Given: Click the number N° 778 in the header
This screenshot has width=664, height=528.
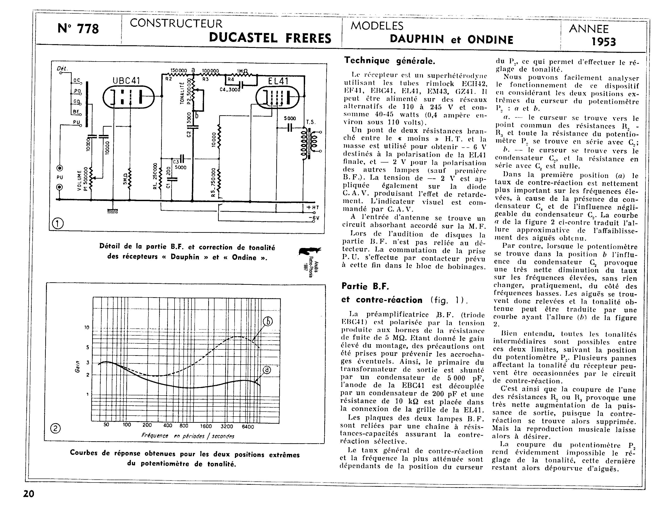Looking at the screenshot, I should click(x=78, y=29).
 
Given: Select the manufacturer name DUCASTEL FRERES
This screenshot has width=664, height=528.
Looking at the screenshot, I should click(x=270, y=38).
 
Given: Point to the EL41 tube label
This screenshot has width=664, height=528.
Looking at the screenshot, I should click(x=278, y=81).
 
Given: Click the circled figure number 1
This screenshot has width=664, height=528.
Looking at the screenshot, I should click(x=58, y=223).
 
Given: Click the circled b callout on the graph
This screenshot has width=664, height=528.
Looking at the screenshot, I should click(x=268, y=322).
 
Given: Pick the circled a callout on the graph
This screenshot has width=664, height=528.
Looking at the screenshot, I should click(x=267, y=370).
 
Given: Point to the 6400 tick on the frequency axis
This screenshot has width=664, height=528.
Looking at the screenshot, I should click(x=248, y=427).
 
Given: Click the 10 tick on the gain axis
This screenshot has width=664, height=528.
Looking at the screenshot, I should click(x=87, y=327).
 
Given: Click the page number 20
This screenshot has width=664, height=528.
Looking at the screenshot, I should click(x=29, y=494).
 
